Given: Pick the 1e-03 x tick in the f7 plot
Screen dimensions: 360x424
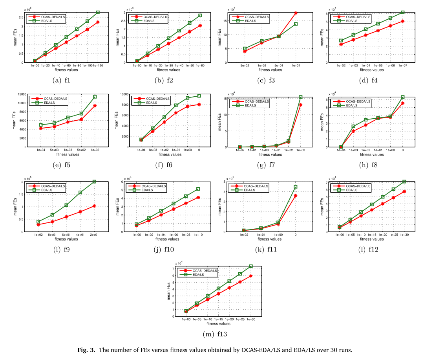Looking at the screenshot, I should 301,150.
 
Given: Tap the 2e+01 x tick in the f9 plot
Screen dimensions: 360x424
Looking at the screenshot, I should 95,235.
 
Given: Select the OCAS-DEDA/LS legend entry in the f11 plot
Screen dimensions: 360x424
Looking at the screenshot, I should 256,186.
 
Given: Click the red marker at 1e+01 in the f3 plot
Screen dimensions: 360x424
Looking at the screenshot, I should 296,13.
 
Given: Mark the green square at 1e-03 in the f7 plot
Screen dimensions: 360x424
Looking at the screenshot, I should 301,97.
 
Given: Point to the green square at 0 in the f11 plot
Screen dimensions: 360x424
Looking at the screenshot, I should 296,187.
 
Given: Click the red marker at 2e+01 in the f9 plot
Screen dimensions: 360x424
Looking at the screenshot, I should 95,206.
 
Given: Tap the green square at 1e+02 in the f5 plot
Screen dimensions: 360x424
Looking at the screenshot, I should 95,97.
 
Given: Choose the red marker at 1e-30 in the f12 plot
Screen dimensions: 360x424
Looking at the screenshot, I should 404,191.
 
